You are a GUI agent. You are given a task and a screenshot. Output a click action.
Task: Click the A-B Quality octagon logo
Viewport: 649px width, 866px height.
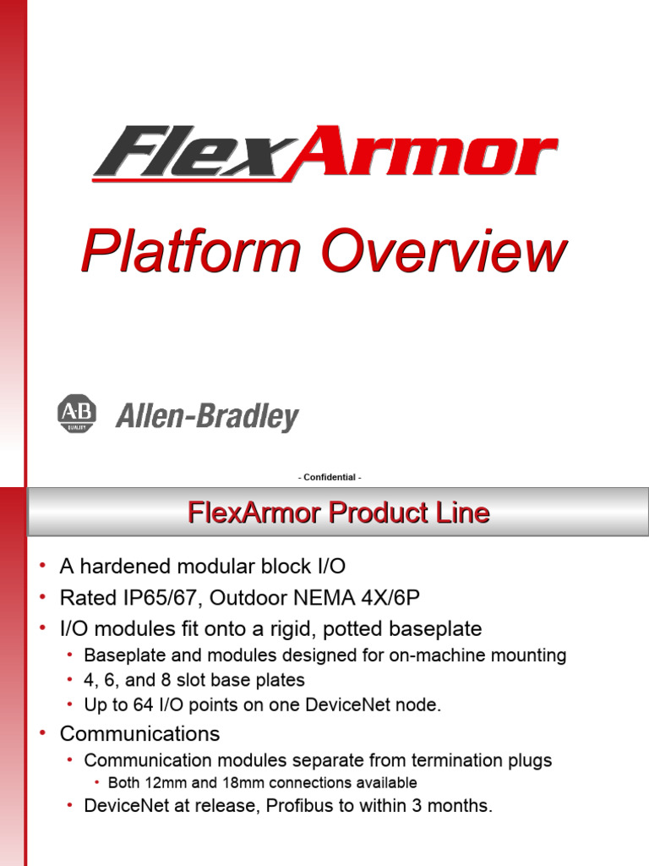[77, 413]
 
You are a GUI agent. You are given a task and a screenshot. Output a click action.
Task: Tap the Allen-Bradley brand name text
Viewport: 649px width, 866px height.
[207, 416]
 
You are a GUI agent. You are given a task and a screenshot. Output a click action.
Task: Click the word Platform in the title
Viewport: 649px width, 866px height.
[191, 251]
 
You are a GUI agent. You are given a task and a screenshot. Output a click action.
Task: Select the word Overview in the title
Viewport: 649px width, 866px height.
[444, 251]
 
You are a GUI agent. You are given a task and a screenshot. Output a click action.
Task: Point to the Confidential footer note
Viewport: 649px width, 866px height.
[330, 477]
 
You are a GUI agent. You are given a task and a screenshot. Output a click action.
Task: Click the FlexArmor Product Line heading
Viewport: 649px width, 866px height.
[338, 512]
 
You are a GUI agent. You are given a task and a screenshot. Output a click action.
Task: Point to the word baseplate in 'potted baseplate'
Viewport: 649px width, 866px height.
[435, 629]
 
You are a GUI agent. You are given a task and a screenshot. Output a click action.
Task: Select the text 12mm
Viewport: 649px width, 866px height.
[166, 783]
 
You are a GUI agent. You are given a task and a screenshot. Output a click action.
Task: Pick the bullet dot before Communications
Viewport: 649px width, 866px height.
[42, 733]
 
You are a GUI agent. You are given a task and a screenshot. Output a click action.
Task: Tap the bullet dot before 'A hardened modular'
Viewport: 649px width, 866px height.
[42, 565]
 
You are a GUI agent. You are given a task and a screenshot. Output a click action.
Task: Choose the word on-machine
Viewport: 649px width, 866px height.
[438, 655]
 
